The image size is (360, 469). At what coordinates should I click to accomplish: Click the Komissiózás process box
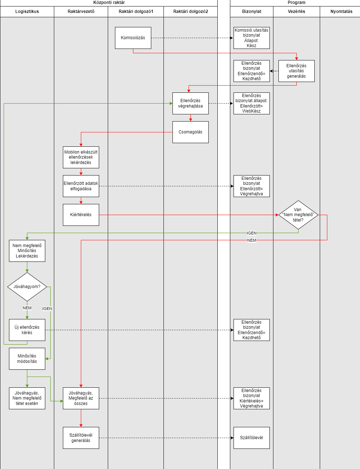[x=133, y=38]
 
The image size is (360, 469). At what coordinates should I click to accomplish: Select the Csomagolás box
[x=190, y=132]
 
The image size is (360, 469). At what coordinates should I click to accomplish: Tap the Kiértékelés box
[x=81, y=215]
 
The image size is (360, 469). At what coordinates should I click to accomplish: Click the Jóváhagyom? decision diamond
[x=27, y=287]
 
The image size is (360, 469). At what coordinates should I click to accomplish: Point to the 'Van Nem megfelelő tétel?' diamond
[x=298, y=215]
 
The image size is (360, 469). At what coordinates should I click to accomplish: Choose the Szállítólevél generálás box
[x=81, y=438]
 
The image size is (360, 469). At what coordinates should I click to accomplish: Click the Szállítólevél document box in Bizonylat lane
[x=251, y=438]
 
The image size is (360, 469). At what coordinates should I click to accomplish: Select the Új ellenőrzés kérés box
[x=27, y=330]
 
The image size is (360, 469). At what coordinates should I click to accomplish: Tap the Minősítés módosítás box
[x=27, y=359]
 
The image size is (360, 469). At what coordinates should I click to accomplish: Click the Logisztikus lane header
[x=27, y=12]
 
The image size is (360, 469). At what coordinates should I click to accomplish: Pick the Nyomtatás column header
[x=341, y=12]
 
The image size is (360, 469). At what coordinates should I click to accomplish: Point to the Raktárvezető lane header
[x=81, y=12]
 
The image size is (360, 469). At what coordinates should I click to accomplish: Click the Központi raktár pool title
[x=109, y=3]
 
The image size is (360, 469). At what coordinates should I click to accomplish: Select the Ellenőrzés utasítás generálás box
[x=296, y=71]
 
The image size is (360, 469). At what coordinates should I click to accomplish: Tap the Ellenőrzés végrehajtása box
[x=190, y=103]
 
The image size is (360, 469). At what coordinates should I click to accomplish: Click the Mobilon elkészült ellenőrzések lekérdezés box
[x=81, y=157]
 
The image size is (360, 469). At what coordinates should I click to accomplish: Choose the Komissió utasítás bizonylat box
[x=251, y=38]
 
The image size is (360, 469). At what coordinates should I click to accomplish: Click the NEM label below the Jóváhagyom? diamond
[x=27, y=308]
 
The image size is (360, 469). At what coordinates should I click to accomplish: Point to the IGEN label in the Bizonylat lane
[x=251, y=233]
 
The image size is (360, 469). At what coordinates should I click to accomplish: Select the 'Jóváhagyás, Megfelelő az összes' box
[x=81, y=398]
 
